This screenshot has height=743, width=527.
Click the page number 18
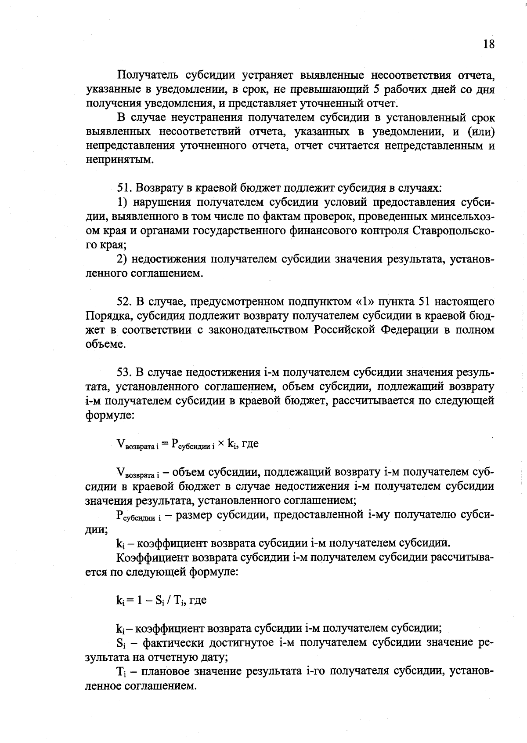point(488,44)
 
